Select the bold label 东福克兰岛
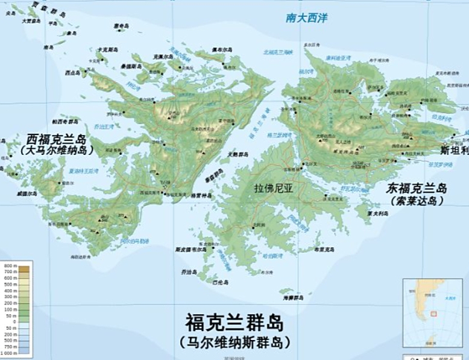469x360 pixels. (x=417, y=188)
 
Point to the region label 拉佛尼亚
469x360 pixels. (x=275, y=187)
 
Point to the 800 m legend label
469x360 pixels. (x=8, y=266)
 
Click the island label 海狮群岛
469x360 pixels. (x=290, y=297)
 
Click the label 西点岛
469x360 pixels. (x=72, y=72)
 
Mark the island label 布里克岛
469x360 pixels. (x=326, y=249)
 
